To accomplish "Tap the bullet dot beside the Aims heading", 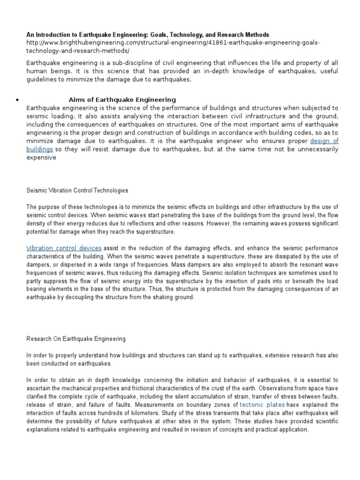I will tap(16, 100).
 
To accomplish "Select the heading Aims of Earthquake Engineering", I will tap(122, 99).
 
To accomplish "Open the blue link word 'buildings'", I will tap(40, 149).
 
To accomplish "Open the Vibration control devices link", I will tap(64, 247).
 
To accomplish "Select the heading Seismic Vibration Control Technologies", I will tap(77, 191).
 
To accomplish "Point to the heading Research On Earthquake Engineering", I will tap(76, 338).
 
